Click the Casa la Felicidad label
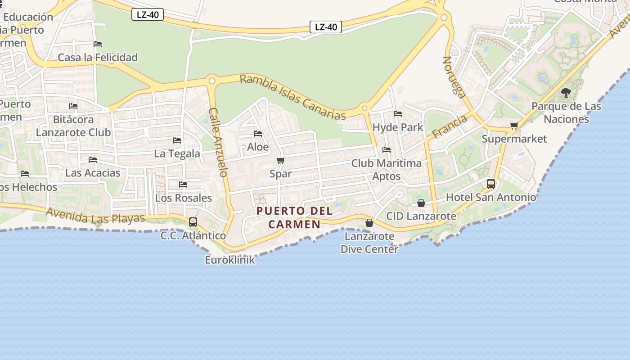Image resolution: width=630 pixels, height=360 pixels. [x=98, y=58]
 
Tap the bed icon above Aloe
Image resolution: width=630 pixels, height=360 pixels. [x=258, y=134]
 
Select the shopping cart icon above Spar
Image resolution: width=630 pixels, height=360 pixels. [x=281, y=161]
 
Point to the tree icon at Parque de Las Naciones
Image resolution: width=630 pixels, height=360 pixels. [x=566, y=93]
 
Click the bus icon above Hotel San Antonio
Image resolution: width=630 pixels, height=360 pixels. [x=491, y=184]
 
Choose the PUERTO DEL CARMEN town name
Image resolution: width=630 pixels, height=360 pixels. [x=294, y=217]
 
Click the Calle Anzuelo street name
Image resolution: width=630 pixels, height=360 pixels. [x=219, y=142]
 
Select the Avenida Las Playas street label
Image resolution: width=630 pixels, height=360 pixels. [x=95, y=216]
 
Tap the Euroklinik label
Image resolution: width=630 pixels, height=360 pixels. [x=229, y=260]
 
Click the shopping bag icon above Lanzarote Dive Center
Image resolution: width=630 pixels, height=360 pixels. [x=369, y=223]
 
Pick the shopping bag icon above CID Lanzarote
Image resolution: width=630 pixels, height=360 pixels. [x=421, y=203]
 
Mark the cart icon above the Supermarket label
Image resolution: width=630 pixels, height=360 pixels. [x=514, y=126]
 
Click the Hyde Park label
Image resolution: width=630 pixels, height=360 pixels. [x=398, y=127]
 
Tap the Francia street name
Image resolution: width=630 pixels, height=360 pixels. [x=450, y=127]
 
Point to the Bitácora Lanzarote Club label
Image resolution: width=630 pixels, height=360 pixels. [x=73, y=126]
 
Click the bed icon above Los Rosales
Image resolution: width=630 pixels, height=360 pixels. [x=183, y=184]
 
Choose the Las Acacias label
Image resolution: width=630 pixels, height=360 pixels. [x=93, y=173]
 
